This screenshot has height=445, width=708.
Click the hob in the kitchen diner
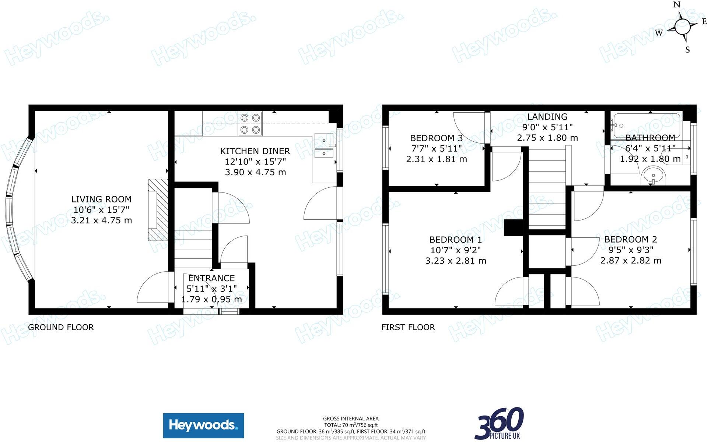[250, 123]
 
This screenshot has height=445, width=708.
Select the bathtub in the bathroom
[646, 126]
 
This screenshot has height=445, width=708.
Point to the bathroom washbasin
[654, 176]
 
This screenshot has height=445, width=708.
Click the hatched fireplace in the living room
[158, 210]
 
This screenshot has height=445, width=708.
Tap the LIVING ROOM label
[101, 199]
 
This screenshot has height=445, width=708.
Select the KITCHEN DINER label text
[255, 151]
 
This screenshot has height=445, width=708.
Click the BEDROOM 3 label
[436, 138]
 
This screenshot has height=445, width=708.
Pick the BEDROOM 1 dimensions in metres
[456, 261]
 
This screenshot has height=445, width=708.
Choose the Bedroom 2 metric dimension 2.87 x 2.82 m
[631, 260]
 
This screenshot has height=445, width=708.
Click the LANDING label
[547, 117]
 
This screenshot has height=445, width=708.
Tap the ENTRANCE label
[211, 278]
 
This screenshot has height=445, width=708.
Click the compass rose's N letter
[677, 5]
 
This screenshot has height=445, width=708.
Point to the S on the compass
[687, 50]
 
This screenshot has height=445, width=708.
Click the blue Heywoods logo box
[203, 425]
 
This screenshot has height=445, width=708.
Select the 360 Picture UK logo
[499, 424]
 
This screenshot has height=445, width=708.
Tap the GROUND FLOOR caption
[61, 327]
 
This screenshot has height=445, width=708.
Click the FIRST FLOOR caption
[408, 327]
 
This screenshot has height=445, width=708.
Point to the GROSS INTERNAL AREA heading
[351, 418]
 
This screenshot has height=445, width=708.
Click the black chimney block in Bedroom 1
[513, 227]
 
